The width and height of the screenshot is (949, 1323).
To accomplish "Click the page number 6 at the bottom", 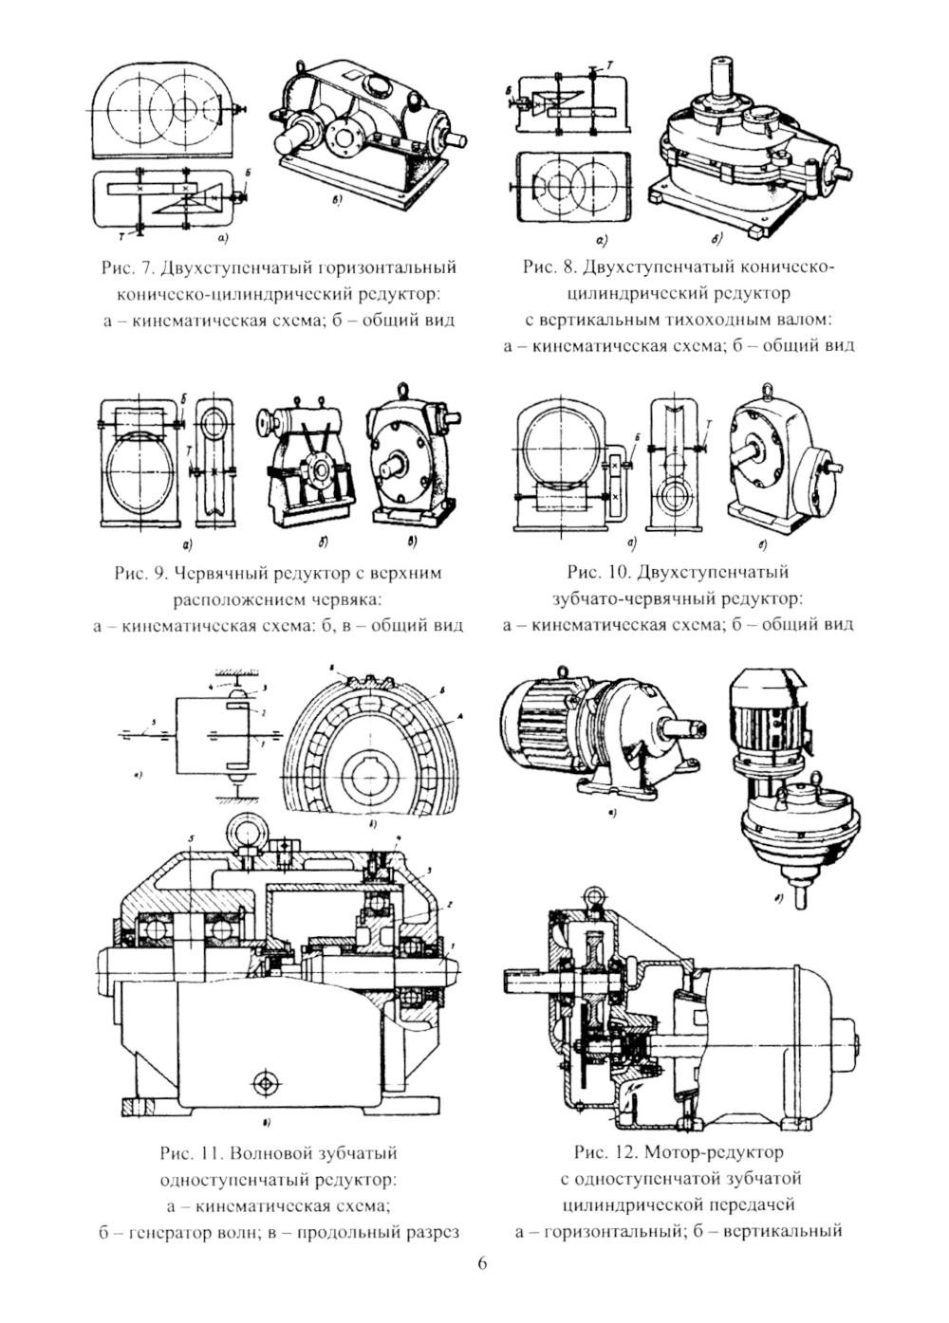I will click(481, 1264).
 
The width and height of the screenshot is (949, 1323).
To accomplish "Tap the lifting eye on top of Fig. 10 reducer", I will click(767, 387).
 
